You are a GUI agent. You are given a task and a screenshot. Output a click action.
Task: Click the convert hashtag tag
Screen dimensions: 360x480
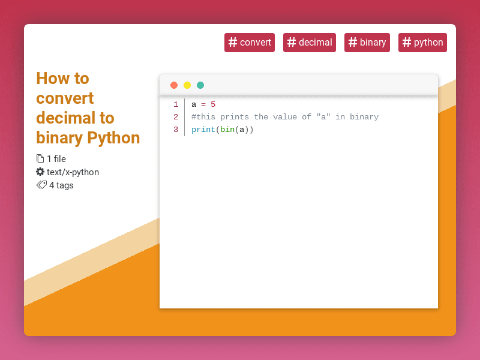[x=250, y=43]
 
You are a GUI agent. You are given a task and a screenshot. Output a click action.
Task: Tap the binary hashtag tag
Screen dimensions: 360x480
[x=367, y=43]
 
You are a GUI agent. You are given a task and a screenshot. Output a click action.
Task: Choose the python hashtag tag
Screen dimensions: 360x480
[x=422, y=43]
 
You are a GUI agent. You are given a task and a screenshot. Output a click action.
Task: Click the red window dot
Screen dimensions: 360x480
[x=174, y=85]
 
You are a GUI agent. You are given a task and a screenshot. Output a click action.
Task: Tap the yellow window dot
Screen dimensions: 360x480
[x=187, y=85]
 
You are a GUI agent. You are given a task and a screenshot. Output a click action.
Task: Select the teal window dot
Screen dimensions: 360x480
[x=200, y=85]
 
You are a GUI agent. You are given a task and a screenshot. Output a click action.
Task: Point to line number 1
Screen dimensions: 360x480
[x=176, y=104]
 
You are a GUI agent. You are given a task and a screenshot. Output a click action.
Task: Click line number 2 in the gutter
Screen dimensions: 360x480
[x=176, y=117]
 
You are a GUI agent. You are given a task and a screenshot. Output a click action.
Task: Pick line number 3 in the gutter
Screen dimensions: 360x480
[x=176, y=130]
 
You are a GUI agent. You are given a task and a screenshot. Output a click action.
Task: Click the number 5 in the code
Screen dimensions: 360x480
[x=213, y=104]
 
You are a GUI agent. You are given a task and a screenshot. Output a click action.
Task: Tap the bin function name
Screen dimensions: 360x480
[x=227, y=130]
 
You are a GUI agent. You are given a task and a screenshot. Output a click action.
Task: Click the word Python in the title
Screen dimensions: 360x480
[x=113, y=138]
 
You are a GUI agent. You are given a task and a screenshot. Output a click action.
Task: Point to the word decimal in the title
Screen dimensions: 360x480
[x=66, y=118]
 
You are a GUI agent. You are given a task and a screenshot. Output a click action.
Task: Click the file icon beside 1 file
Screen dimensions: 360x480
[x=40, y=159]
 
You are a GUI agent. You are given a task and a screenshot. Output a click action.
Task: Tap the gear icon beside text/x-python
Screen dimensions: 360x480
[x=40, y=172]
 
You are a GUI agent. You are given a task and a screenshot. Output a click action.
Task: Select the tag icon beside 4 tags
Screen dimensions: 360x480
[x=41, y=185]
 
